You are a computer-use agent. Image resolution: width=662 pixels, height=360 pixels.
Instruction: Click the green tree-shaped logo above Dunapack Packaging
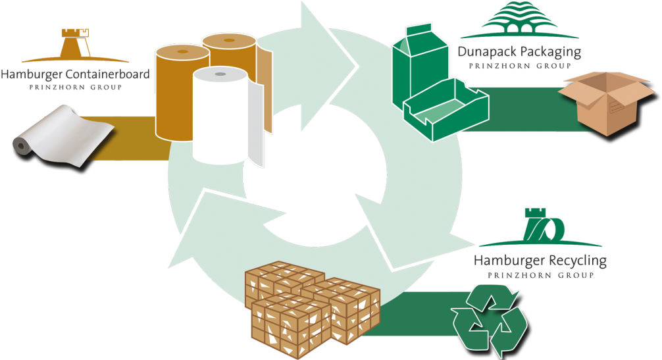[519, 20]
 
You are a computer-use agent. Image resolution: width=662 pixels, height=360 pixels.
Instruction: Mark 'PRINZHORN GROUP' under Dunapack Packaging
[519, 66]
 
